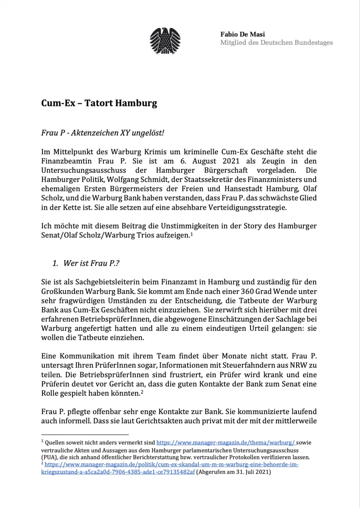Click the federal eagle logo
[165, 41]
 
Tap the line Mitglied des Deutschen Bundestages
[276, 42]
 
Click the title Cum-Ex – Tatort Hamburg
[99, 103]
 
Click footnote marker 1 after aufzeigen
[192, 234]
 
